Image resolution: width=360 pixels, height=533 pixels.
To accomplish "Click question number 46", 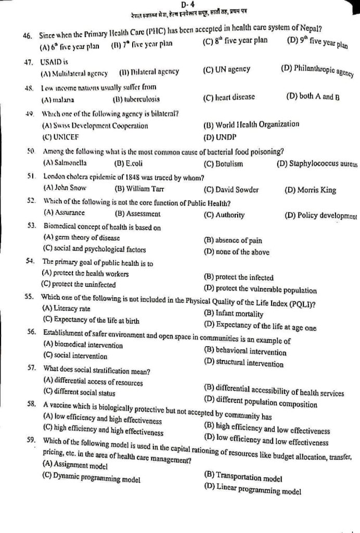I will point(28,36).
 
